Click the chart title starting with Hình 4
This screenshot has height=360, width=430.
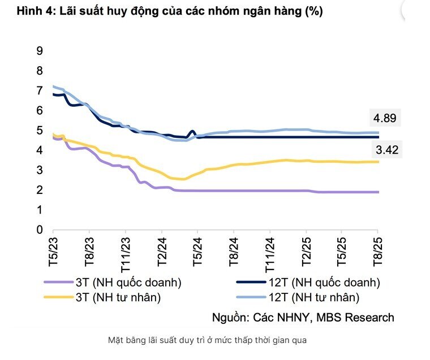tap(165, 11)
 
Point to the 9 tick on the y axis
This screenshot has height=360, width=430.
tap(40, 51)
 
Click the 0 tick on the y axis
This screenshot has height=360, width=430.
tap(40, 230)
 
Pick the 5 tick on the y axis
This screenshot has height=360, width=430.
tap(40, 131)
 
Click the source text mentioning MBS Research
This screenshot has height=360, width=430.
tap(303, 317)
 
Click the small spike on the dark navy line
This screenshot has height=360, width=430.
tap(193, 131)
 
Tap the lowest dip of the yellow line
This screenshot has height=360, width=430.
tap(180, 179)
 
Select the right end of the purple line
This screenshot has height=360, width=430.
tap(377, 192)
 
